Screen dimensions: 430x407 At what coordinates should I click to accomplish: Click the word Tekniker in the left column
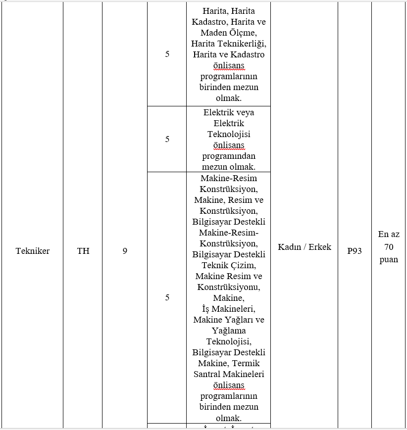coord(33,251)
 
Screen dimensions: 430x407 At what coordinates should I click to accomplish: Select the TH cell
coord(83,251)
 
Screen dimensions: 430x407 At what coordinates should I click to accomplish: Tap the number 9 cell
coord(125,251)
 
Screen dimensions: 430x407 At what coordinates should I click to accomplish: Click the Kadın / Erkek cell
coord(305,247)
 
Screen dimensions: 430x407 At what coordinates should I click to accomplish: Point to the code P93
coord(355,251)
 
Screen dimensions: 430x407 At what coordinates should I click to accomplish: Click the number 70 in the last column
coord(389,247)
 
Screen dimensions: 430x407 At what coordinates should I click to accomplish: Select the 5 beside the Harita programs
coord(167,54)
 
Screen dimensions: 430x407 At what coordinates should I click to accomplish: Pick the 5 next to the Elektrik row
coord(167,139)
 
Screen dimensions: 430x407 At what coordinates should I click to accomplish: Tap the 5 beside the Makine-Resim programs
coord(167,297)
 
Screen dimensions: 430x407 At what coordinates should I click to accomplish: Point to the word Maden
coord(211,33)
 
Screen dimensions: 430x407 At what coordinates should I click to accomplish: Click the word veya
coord(242,112)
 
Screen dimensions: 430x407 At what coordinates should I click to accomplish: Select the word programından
coord(229,156)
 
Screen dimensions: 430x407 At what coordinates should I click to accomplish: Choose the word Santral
coord(206,374)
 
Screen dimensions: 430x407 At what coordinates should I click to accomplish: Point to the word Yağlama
coord(229,331)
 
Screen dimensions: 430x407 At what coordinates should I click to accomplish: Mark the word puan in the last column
coord(389,259)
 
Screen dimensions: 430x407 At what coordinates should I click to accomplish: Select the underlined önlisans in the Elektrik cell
coord(229,145)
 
